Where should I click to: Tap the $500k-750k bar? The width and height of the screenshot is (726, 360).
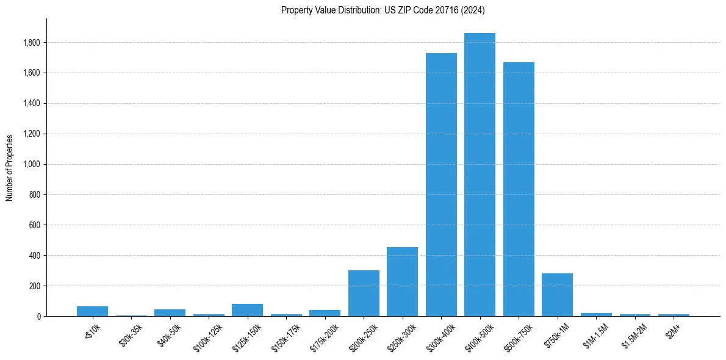[519, 189]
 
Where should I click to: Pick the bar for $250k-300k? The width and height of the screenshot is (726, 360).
[402, 281]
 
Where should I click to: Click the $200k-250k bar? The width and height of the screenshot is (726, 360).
[364, 293]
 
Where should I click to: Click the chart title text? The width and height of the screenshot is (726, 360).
[383, 10]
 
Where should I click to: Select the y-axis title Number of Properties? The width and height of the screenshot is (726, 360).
[10, 167]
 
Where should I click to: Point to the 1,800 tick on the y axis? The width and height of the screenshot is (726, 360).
[32, 43]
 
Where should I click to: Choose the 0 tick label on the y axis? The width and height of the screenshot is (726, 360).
[39, 316]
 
